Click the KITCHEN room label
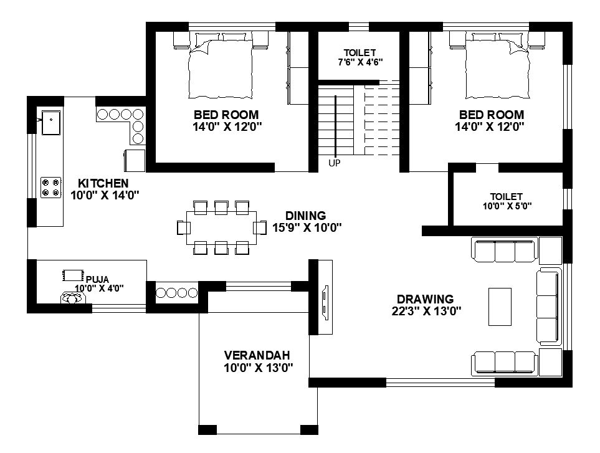tap(103, 183)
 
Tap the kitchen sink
tap(50, 122)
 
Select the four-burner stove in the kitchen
tap(50, 188)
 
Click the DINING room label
tap(307, 216)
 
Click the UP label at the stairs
tap(335, 163)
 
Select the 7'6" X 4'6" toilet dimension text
tap(360, 62)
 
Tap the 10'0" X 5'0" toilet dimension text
tap(507, 206)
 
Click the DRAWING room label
tap(426, 299)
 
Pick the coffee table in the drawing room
tap(500, 306)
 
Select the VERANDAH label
tap(258, 355)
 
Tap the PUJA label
tap(97, 279)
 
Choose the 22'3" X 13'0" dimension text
tap(426, 311)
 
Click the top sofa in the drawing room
tap(505, 251)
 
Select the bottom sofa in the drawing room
tap(505, 363)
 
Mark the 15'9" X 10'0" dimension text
tap(307, 227)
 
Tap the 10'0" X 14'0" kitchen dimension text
tap(105, 195)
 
